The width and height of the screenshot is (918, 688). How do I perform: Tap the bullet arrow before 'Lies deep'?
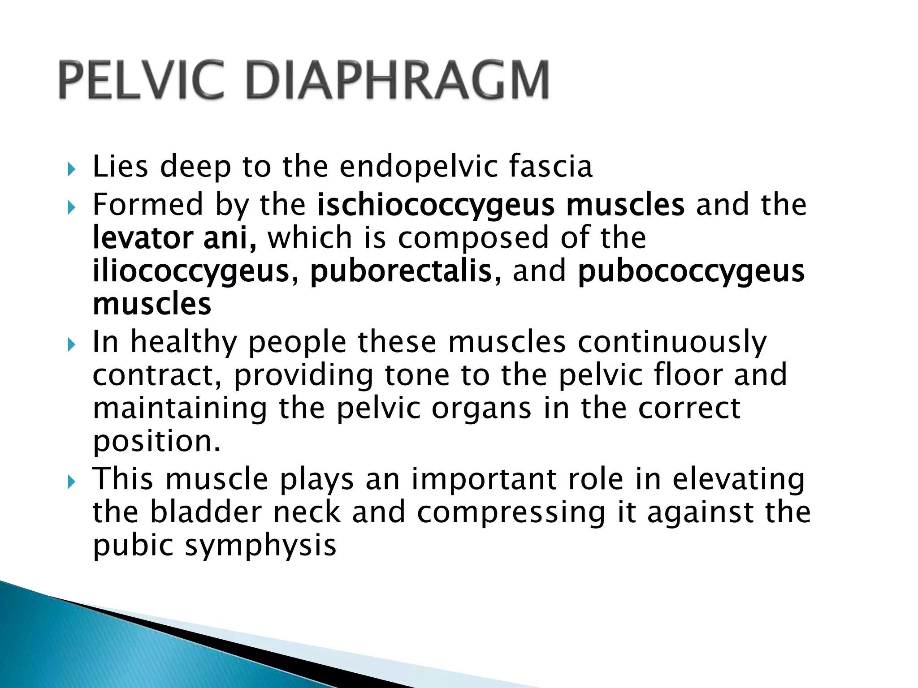(x=70, y=170)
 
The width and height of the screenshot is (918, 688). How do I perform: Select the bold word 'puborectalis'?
(x=401, y=271)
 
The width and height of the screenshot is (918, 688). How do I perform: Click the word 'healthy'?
(x=183, y=343)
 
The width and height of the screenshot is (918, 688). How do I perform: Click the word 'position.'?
(x=157, y=443)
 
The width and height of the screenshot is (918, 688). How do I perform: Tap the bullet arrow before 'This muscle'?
(x=70, y=482)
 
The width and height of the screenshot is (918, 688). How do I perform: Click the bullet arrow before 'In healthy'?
(x=70, y=345)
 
